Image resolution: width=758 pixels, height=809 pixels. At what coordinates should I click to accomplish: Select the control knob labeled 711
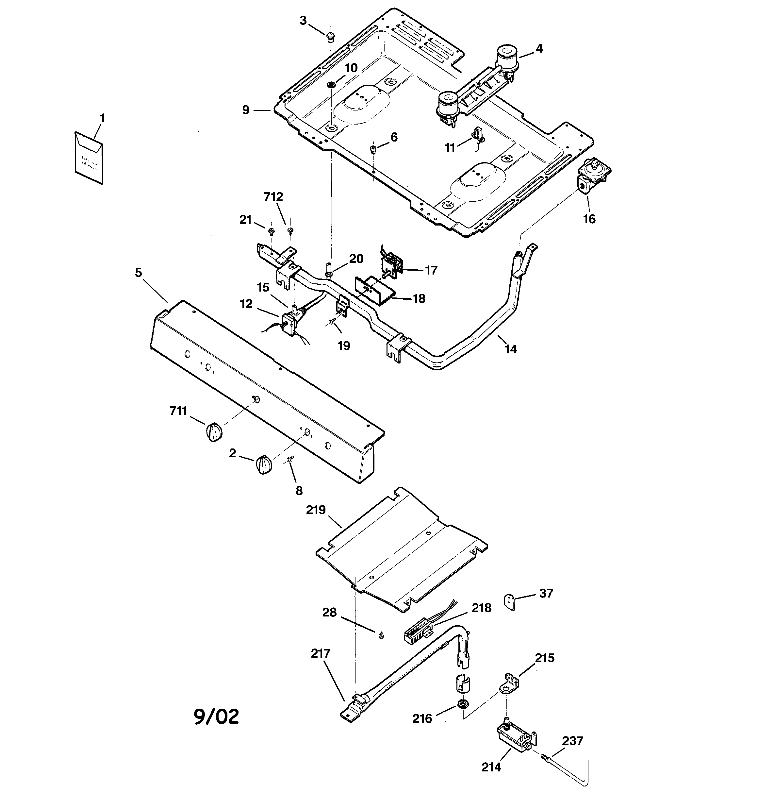coord(213,432)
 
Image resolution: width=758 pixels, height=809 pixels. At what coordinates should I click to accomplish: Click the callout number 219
coord(316,510)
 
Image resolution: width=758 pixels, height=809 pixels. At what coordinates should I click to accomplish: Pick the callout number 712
coord(273,196)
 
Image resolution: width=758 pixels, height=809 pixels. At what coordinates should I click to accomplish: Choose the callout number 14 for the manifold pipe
coord(511,349)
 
